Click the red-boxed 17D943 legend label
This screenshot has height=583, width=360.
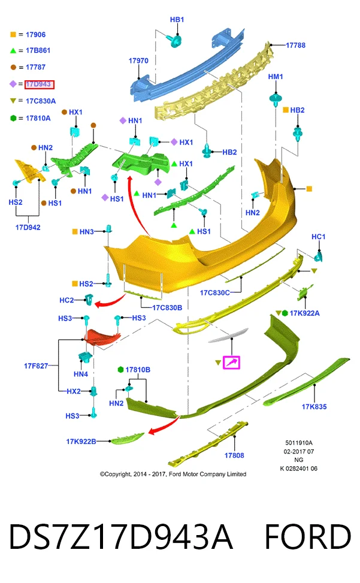click(40, 84)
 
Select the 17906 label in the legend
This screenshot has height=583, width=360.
click(36, 35)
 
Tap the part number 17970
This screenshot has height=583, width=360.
click(138, 61)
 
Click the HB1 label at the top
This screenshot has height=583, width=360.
click(177, 19)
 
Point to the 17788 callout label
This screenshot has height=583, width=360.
click(295, 46)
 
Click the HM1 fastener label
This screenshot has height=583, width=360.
click(276, 77)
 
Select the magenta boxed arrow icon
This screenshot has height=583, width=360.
click(231, 363)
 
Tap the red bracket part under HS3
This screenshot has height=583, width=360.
click(101, 336)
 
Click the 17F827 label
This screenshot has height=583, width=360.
click(36, 366)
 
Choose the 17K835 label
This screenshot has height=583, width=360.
click(314, 407)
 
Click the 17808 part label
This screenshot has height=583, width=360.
click(234, 455)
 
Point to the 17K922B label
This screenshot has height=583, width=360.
click(81, 442)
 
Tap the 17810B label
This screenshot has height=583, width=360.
click(138, 370)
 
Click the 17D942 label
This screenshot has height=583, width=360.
click(28, 227)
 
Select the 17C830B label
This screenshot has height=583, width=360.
click(167, 307)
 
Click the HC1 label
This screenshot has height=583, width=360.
click(319, 237)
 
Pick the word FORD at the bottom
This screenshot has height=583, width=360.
click(308, 536)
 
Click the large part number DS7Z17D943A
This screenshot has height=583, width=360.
click(121, 536)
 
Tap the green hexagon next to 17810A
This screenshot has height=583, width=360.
click(13, 118)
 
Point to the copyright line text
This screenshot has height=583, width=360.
click(173, 474)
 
